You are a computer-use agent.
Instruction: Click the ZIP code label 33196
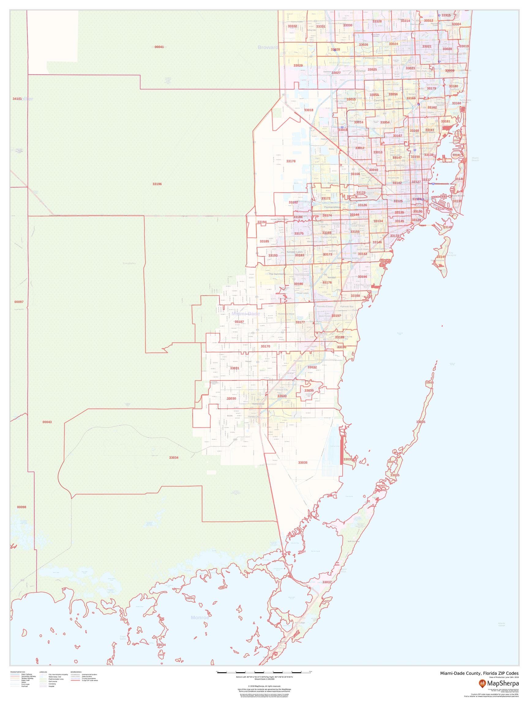coord(157,184)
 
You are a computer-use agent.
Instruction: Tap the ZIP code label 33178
coord(291,161)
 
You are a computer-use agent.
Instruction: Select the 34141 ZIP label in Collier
coord(17,99)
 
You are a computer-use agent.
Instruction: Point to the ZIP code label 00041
coord(159,47)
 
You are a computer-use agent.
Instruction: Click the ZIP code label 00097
coord(19,301)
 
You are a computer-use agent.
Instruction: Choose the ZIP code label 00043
coord(47,422)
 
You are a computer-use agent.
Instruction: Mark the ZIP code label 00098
coord(22,507)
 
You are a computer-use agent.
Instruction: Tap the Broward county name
coord(268,47)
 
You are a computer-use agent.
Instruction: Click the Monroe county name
coord(200,618)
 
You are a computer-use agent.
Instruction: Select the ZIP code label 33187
coord(239,322)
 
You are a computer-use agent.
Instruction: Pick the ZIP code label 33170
coord(265,346)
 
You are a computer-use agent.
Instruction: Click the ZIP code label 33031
coord(234,368)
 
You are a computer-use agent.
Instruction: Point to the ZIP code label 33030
coord(231,399)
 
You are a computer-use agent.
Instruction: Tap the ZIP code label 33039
coord(309,390)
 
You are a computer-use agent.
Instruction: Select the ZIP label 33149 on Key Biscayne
coord(441,257)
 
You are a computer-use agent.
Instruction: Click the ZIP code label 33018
coord(308,110)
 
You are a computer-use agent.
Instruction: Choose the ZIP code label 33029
coord(298,65)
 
